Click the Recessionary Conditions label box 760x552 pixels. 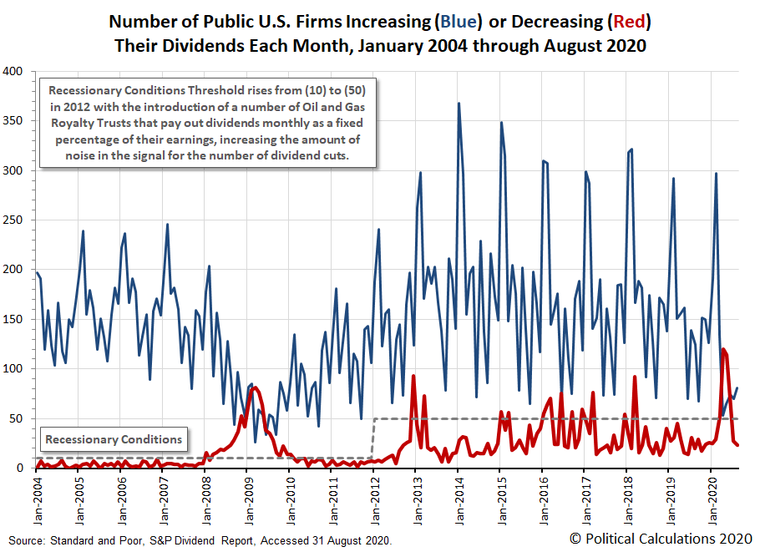[x=114, y=439]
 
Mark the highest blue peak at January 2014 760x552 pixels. [x=459, y=104]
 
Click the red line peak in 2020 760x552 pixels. [x=722, y=349]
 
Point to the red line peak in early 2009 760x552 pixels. [x=256, y=387]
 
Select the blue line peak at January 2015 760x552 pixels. [x=501, y=123]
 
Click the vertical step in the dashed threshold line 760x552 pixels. [x=373, y=438]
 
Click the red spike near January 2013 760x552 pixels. [x=413, y=376]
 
